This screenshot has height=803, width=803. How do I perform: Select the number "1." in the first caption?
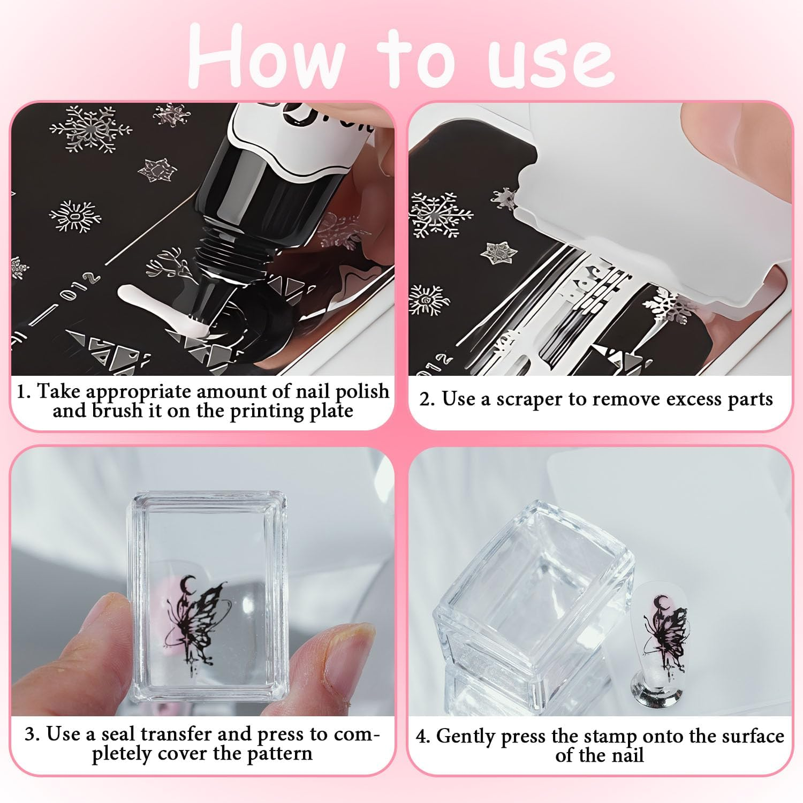pos(24,391)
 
